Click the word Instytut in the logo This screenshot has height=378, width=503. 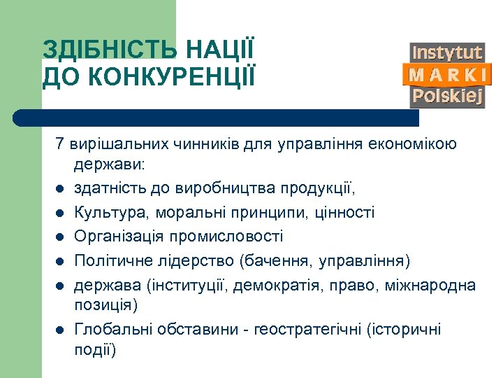[448, 53]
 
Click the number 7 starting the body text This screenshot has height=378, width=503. [60, 145]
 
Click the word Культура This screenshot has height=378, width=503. [105, 212]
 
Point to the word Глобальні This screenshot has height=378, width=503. [112, 329]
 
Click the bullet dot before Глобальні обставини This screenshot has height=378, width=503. [61, 330]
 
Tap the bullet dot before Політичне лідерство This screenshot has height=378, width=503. [61, 260]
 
